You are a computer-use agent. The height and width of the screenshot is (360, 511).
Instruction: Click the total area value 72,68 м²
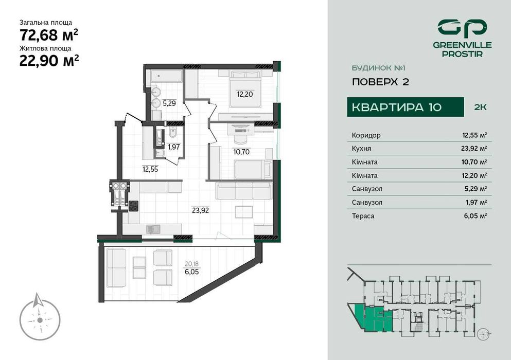click(x=49, y=35)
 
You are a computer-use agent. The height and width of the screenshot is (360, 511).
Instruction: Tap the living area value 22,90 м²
click(x=49, y=60)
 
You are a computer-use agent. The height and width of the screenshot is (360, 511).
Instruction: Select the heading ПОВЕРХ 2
click(x=380, y=82)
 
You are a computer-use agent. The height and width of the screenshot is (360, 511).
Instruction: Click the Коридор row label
click(x=366, y=135)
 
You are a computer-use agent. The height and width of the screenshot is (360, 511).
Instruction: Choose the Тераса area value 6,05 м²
click(x=476, y=216)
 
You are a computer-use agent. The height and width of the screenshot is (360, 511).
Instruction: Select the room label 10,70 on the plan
click(x=241, y=152)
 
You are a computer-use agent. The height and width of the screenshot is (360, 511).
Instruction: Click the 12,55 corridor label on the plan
click(x=151, y=168)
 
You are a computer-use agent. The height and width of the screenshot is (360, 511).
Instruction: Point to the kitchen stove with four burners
click(x=134, y=205)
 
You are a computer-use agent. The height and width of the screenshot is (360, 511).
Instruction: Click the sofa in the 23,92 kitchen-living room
click(x=243, y=191)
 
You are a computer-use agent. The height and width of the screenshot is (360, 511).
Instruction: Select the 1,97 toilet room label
click(x=173, y=147)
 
